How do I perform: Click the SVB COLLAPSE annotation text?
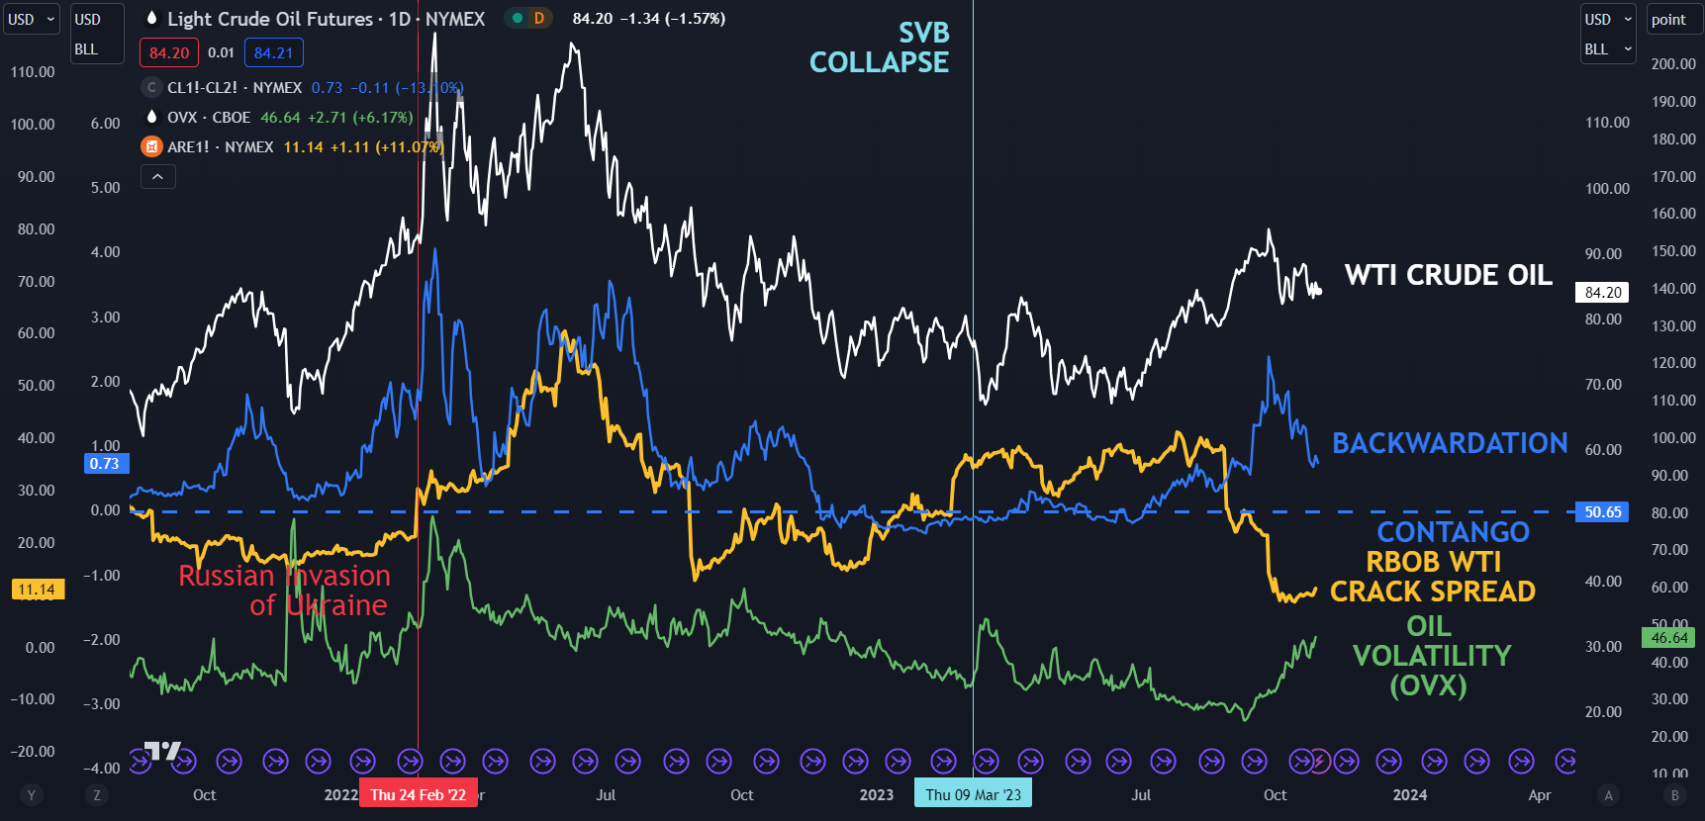click(x=879, y=47)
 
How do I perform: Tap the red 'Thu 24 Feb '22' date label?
click(x=418, y=794)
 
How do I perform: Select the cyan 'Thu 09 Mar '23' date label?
click(x=973, y=794)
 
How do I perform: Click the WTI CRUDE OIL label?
click(x=1448, y=275)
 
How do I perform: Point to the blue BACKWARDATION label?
click(x=1449, y=443)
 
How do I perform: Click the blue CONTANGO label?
click(x=1453, y=532)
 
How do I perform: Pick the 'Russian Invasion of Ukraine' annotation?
click(x=285, y=591)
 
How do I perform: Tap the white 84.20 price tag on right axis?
click(x=1602, y=292)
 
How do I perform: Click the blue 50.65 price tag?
click(x=1602, y=511)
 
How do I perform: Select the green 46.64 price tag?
click(x=1668, y=638)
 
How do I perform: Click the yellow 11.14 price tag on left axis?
click(x=38, y=590)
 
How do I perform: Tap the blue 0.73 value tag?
click(x=104, y=463)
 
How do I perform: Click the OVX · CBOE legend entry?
click(x=209, y=118)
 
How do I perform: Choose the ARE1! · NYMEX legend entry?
click(x=220, y=147)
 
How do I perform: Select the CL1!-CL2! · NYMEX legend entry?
click(x=235, y=88)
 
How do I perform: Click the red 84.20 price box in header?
click(x=169, y=53)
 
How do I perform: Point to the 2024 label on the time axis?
click(x=1409, y=794)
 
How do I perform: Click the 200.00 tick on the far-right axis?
click(x=1672, y=64)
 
